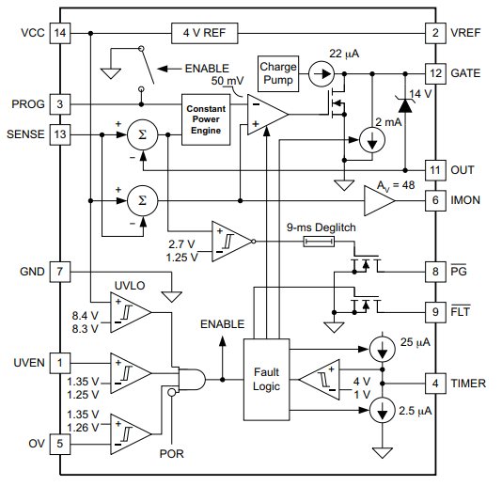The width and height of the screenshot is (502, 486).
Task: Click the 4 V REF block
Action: click(205, 33)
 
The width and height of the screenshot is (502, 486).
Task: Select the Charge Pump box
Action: click(278, 73)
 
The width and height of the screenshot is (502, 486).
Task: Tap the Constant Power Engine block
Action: click(206, 119)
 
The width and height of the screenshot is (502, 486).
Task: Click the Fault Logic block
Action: click(266, 380)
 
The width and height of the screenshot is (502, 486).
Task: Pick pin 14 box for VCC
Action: click(60, 33)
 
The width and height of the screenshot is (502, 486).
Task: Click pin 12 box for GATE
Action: click(435, 73)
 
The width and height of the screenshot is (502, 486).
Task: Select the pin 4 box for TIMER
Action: click(435, 384)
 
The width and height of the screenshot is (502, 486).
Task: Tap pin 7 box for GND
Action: click(60, 272)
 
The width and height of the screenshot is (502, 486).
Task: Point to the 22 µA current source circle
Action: click(322, 74)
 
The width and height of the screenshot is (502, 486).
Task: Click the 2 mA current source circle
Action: click(372, 140)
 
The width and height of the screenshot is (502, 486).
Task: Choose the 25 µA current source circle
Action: click(383, 349)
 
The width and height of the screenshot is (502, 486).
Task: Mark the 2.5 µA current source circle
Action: click(383, 410)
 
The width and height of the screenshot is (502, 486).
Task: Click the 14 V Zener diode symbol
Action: click(405, 105)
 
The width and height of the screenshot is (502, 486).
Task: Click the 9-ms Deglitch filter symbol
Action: click(319, 242)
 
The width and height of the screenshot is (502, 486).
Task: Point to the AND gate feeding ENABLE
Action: click(192, 380)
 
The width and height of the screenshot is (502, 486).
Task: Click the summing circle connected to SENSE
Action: click(143, 134)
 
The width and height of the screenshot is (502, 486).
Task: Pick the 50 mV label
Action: click(227, 81)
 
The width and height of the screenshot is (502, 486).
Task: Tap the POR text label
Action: click(172, 454)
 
